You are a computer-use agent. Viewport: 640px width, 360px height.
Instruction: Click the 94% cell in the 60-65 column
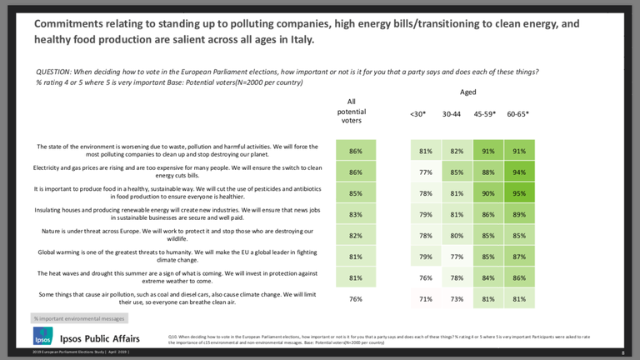(519, 172)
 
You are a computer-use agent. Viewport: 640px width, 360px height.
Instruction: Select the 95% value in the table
(519, 194)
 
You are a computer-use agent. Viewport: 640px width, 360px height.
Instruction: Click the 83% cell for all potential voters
(356, 215)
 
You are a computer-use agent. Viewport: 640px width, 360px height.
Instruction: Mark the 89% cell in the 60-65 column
(519, 215)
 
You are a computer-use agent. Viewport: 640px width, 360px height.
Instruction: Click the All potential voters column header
(351, 111)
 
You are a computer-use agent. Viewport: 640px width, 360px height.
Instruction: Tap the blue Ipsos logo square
(42, 337)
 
